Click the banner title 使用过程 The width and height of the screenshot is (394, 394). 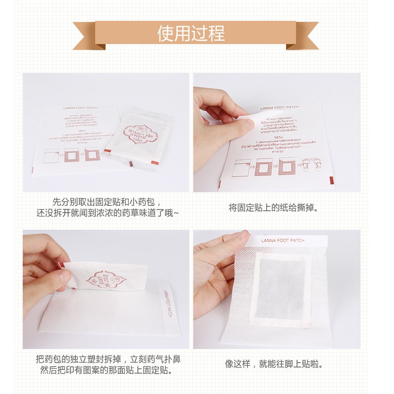(x=191, y=34)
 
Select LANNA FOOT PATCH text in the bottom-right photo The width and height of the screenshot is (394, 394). (x=283, y=241)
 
